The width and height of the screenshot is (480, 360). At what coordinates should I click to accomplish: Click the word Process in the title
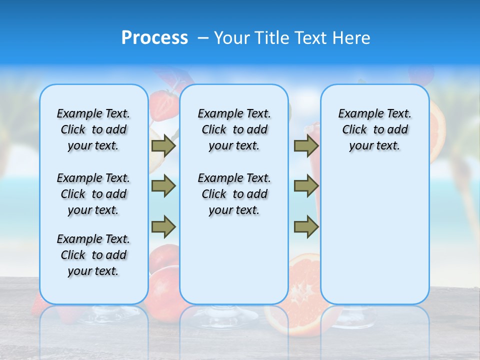click(154, 38)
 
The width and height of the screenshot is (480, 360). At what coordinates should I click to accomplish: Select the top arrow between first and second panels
click(163, 145)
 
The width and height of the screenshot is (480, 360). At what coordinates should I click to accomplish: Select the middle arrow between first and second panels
click(163, 186)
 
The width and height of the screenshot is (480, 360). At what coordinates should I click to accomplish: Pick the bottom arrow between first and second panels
click(163, 226)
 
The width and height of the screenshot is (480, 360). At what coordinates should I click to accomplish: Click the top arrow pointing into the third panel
click(306, 145)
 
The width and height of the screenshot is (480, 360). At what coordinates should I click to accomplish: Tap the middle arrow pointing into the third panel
click(306, 186)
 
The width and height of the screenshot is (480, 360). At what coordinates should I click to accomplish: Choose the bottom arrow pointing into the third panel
click(306, 226)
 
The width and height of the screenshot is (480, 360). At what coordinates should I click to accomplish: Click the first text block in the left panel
click(93, 129)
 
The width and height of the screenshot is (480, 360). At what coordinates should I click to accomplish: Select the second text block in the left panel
click(93, 194)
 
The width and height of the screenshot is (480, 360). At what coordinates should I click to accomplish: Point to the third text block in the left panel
click(93, 255)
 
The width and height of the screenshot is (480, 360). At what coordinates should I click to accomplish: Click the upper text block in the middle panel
click(234, 129)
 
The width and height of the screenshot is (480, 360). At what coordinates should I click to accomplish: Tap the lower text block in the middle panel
click(234, 194)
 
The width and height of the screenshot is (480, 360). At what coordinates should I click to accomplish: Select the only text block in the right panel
click(375, 129)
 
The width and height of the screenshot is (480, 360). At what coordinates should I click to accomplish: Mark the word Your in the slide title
click(231, 38)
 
